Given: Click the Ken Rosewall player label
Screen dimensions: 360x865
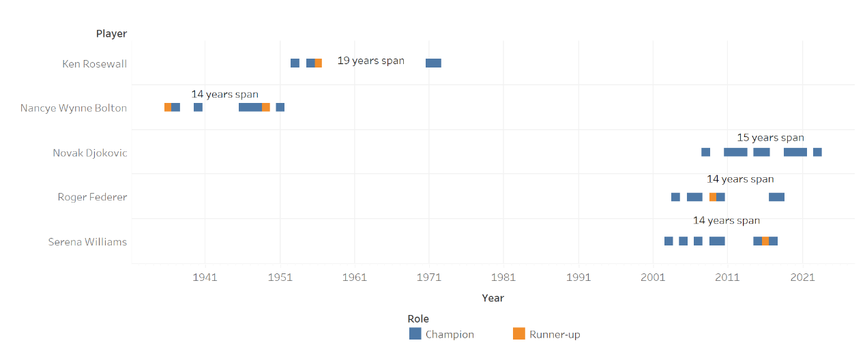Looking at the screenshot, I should coord(94,64).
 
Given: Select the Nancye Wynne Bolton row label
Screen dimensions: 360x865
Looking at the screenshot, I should coord(74,108).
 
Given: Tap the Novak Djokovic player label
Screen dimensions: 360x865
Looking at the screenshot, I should coord(90,153).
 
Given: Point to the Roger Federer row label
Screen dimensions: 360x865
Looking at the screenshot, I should coord(92,197).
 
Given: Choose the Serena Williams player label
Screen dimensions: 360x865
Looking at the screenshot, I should coord(87,241).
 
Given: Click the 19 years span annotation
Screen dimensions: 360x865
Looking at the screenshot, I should coord(370,61).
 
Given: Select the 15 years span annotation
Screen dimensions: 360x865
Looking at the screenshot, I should coord(770,138).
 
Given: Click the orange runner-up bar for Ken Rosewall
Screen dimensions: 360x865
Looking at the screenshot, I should coord(319,63).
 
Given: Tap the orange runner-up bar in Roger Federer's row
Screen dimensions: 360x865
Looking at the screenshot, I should coord(712,197).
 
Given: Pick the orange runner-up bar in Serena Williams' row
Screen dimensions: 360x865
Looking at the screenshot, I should coord(765,241).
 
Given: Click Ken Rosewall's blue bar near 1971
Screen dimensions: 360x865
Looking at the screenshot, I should coord(433,63).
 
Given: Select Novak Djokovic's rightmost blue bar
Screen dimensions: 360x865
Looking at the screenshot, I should coord(817,152).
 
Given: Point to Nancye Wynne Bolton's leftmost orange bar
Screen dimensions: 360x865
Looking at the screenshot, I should coord(168,107).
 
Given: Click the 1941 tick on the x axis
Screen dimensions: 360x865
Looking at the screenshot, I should coord(205,277).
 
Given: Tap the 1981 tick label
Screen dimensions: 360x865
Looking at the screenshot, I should coord(503,277).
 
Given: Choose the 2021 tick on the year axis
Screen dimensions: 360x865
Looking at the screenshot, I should coord(802,277).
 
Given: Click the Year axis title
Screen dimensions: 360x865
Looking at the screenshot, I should coord(493,298).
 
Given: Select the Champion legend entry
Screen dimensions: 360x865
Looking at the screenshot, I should coord(441,334).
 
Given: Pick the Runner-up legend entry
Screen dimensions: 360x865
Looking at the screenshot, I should coord(546,334).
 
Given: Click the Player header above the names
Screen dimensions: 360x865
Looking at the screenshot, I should coord(111,33).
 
